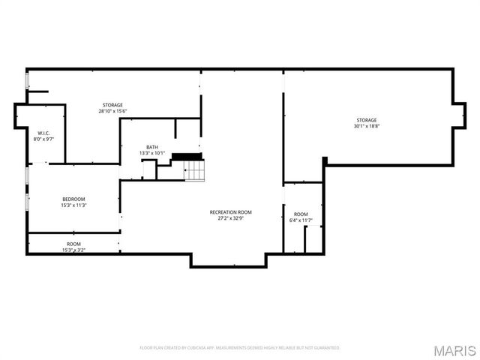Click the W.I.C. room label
coord(43,133)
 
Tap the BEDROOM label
coord(73,199)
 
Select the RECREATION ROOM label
coord(230,212)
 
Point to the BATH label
coord(152,147)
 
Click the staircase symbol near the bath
coord(195,172)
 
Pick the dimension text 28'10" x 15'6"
coord(112,111)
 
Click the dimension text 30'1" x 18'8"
coord(367,126)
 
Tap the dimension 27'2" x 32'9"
coord(230,219)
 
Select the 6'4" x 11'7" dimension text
coord(301,220)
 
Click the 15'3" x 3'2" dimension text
coord(73,250)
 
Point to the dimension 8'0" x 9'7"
coord(43,139)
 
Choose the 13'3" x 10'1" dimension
coord(152,153)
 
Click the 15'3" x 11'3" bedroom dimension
coord(73,205)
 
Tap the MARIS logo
coord(457,350)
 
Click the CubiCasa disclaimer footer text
coord(240,348)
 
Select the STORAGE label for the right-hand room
coord(367,120)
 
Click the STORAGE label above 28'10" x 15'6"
coord(112,105)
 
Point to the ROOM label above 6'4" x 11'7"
coord(301,214)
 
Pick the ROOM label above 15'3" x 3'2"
coord(73,244)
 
